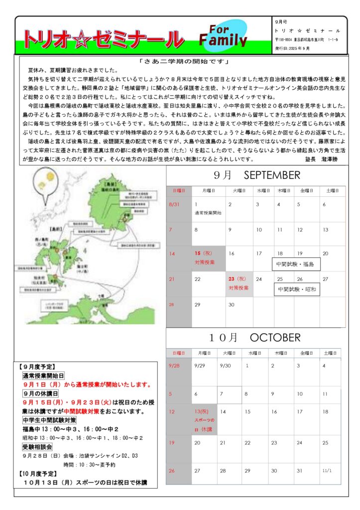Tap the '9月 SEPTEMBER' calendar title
(256, 175)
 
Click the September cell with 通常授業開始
(209, 209)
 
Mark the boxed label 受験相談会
(38, 447)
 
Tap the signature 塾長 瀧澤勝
(321, 159)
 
